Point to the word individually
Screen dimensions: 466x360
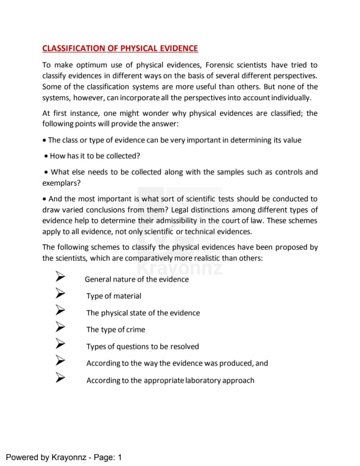tap(290, 97)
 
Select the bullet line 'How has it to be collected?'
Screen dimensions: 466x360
tap(95, 156)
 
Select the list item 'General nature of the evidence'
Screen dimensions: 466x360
tap(137, 279)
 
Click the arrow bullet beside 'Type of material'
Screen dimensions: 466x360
tap(60, 295)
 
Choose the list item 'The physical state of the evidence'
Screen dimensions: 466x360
tap(143, 313)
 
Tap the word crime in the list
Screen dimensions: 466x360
tap(135, 330)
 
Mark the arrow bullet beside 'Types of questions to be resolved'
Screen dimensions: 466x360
tap(60, 345)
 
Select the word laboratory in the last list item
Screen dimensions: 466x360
tap(205, 380)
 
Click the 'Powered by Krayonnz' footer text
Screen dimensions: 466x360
tap(47, 458)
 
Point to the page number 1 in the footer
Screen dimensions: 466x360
tap(119, 458)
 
